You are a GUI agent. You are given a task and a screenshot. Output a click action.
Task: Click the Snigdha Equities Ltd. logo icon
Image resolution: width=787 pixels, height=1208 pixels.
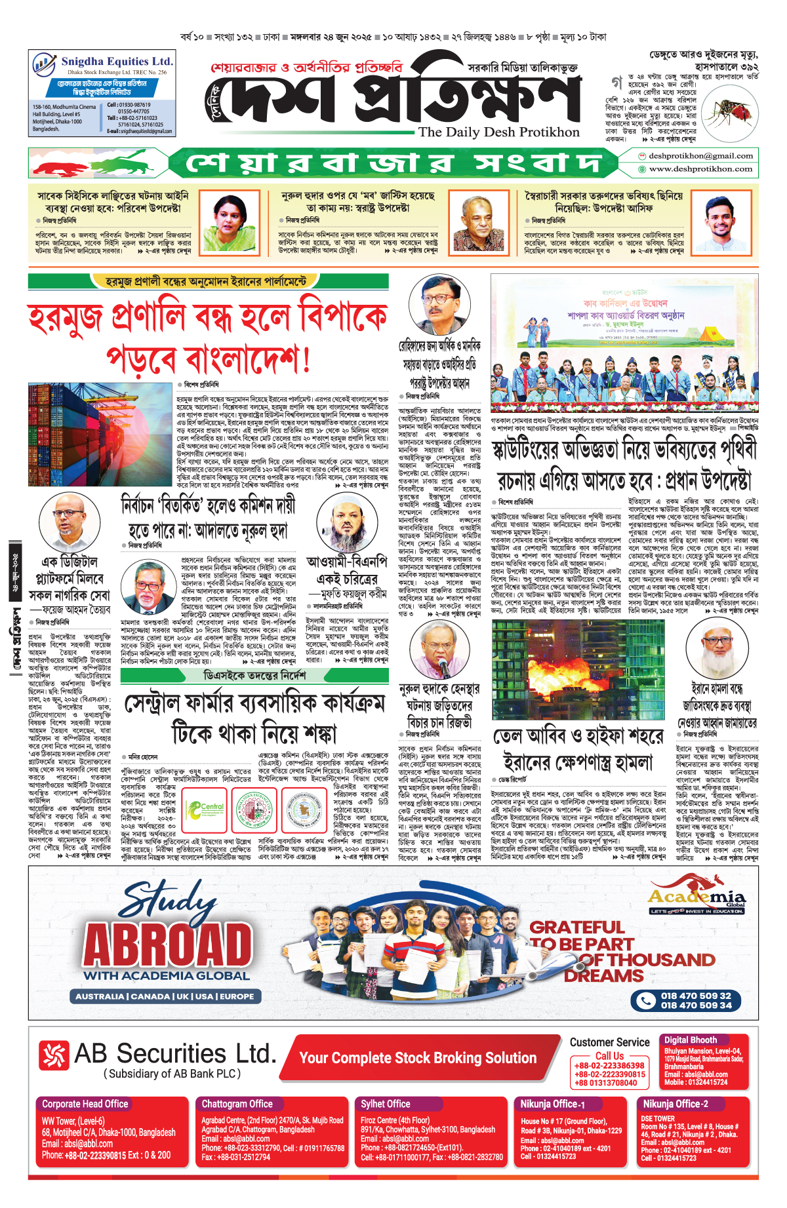coord(45,65)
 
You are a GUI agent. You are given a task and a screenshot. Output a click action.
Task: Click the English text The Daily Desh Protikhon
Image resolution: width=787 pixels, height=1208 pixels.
coord(498,132)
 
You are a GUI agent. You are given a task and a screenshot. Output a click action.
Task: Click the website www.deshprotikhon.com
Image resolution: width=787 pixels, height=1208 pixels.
coord(700,169)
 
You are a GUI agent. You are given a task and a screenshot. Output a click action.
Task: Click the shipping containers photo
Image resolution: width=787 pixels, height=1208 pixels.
coord(100,434)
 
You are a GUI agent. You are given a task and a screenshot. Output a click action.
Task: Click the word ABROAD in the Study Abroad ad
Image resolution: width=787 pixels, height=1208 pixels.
coord(168,945)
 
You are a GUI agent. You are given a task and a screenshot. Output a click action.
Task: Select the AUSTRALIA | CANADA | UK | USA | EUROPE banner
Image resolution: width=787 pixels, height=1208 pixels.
coord(165,996)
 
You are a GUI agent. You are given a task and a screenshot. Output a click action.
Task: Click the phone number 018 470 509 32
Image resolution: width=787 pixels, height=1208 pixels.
coord(696,996)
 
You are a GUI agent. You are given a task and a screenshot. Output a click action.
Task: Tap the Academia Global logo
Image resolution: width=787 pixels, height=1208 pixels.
coord(696,900)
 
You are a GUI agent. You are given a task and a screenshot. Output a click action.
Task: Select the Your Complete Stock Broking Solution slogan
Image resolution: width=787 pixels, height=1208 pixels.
coord(418,1058)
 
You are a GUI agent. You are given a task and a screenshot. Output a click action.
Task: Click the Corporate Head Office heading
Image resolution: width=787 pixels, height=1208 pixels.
coord(85,1104)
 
